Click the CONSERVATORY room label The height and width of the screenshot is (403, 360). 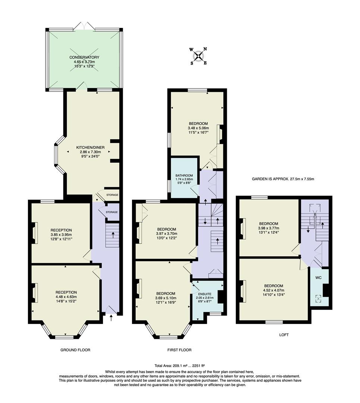[x=84, y=57]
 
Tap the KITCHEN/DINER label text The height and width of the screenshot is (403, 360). [x=90, y=147]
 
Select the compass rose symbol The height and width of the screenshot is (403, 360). [x=199, y=56]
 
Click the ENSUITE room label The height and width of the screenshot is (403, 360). [x=204, y=294]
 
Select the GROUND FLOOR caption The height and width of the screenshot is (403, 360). [x=75, y=350]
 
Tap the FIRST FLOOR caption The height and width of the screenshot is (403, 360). [x=179, y=350]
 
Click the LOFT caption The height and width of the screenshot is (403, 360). [x=284, y=335]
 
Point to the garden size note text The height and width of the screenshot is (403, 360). [x=283, y=179]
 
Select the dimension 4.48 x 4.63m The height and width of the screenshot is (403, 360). [x=66, y=297]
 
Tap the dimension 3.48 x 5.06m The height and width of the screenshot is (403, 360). [x=198, y=128]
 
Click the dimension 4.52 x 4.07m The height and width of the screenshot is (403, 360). [x=274, y=290]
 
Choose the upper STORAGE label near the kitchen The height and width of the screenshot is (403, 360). [x=112, y=195]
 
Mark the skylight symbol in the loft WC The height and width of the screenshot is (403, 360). [x=319, y=298]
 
